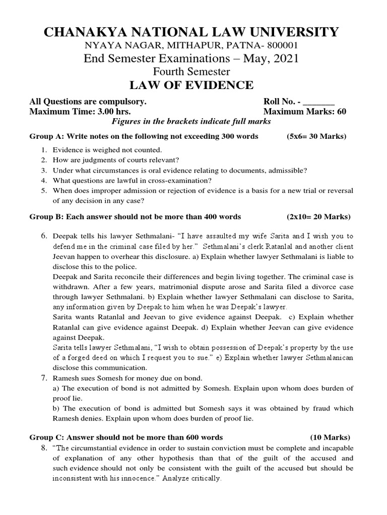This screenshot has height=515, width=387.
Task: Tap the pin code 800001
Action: [x=276, y=46]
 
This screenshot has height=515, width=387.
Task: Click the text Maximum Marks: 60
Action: [x=305, y=111]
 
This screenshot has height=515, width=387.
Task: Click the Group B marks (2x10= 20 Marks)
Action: [x=318, y=217]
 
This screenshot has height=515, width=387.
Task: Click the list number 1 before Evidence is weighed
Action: [x=44, y=150]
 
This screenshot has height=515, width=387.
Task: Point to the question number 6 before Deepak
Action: [x=44, y=236]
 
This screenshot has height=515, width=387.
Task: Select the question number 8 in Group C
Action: [x=44, y=448]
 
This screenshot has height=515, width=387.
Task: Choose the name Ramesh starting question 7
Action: [x=65, y=378]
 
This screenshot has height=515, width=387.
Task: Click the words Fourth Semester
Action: [x=193, y=71]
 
